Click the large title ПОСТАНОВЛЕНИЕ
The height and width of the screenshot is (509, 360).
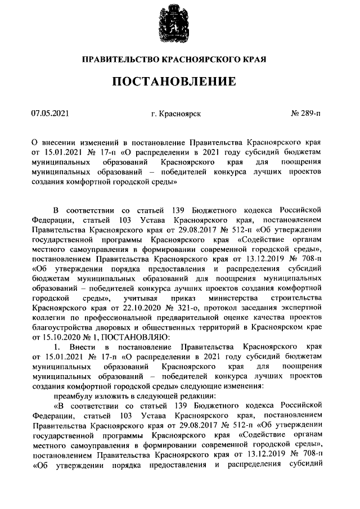point(179,82)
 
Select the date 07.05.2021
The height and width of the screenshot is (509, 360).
point(50,114)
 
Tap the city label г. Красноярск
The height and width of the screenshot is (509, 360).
point(176,114)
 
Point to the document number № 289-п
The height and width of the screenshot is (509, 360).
point(306,114)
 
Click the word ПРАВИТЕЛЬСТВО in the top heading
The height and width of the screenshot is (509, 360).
point(118,58)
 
